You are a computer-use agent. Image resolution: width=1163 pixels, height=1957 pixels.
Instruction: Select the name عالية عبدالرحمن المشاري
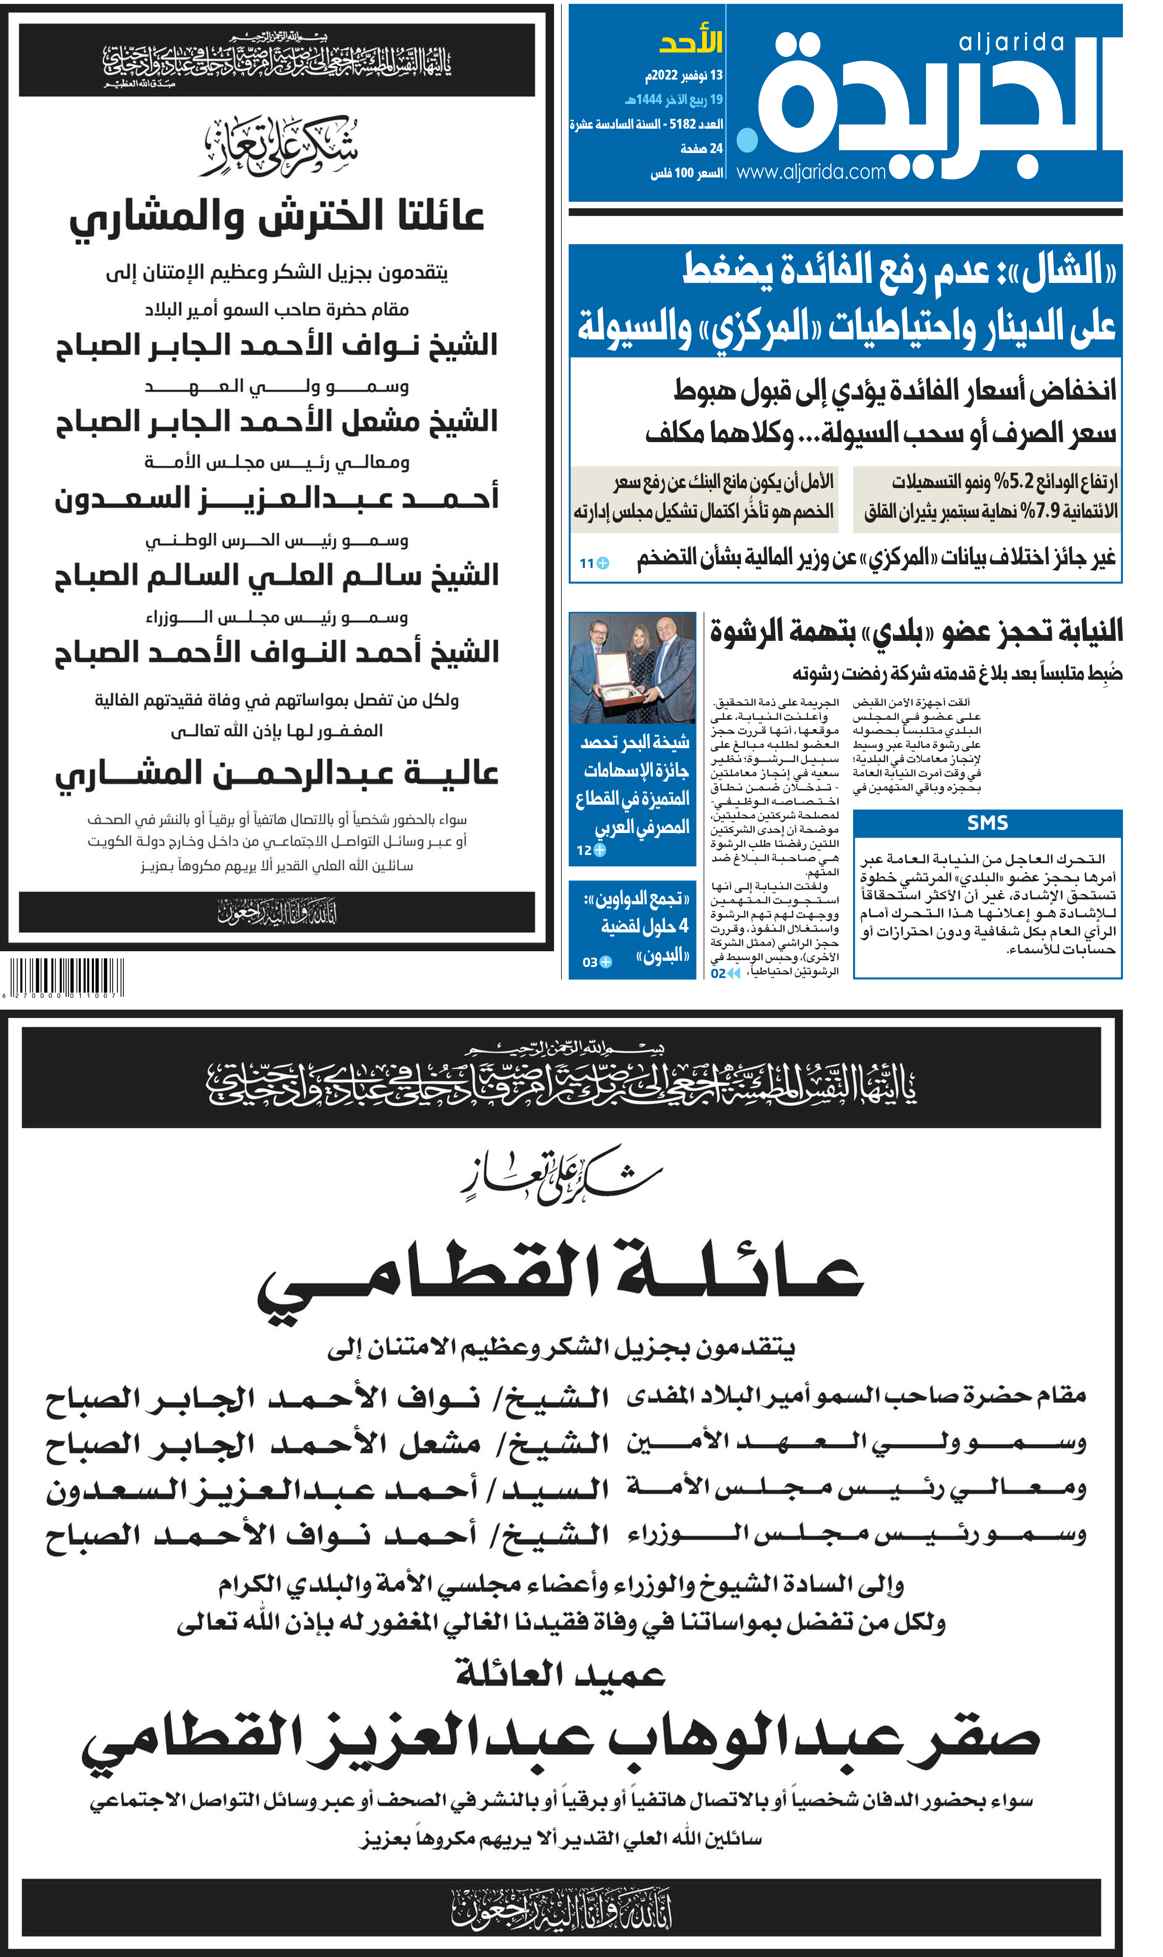(277, 773)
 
